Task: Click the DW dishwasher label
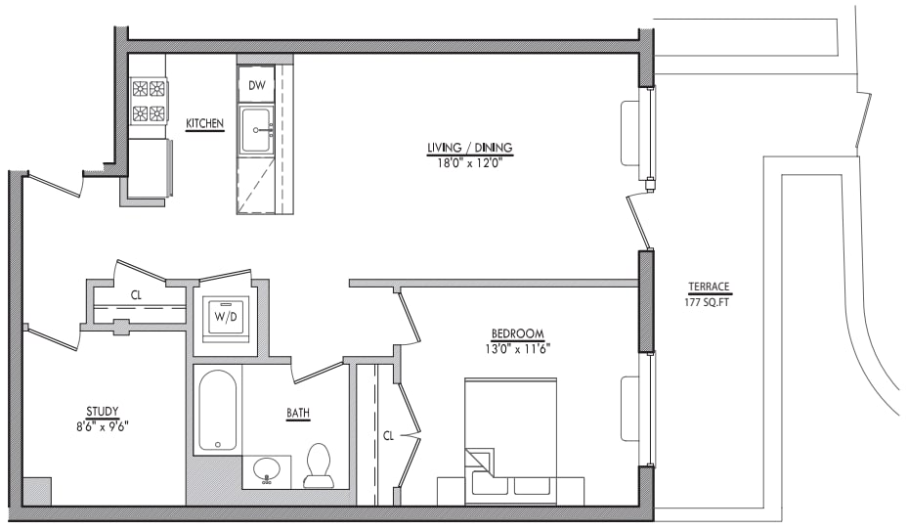point(257,86)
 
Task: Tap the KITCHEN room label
point(205,123)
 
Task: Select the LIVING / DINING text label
point(469,148)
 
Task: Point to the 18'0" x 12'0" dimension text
point(469,162)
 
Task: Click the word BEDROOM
point(517,333)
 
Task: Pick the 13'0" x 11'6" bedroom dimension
point(517,348)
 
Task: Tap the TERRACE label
point(709,287)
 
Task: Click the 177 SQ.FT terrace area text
point(709,301)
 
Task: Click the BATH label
point(298,414)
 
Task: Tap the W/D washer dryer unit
point(225,317)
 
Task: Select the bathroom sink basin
point(267,471)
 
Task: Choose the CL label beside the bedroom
point(388,435)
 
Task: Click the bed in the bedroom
point(509,440)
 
